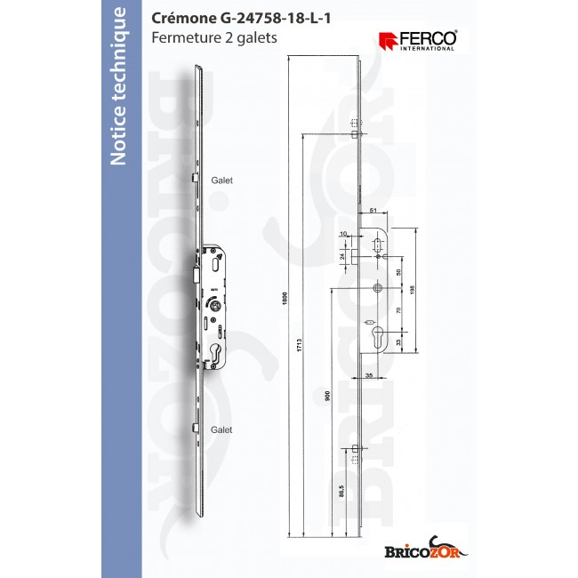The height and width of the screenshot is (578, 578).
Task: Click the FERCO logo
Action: (x=417, y=39)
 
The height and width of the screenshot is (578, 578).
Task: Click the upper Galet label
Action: (x=221, y=180)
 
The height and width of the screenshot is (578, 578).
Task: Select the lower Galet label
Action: (x=221, y=429)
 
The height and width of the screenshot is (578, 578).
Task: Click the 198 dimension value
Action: (x=412, y=289)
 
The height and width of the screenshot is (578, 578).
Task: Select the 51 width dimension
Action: (x=373, y=210)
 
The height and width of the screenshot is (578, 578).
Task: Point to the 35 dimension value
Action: (x=368, y=377)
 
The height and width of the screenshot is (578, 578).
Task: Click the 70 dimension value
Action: (x=399, y=310)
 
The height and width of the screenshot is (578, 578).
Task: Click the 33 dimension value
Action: (x=399, y=341)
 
